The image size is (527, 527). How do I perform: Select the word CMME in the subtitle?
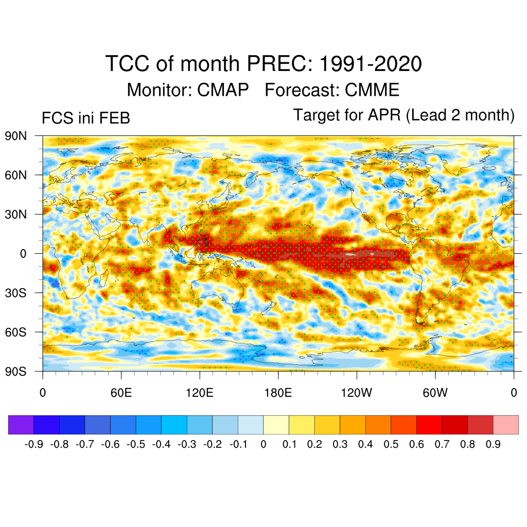coord(372,90)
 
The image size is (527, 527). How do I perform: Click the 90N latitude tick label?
coord(16,136)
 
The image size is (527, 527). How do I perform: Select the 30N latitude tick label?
coord(16,214)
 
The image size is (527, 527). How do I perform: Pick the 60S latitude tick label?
coord(16,332)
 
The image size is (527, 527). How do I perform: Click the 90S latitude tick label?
coord(16,371)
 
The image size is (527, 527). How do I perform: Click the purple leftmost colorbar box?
coord(21,425)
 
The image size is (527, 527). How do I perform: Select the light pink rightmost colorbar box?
coord(505,425)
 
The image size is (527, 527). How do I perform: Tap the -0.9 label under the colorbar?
coord(34,444)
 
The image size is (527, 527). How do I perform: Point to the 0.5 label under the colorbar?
coord(391,444)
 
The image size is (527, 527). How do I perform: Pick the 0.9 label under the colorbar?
coord(493,444)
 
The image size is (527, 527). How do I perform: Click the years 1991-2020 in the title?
coord(371,64)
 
